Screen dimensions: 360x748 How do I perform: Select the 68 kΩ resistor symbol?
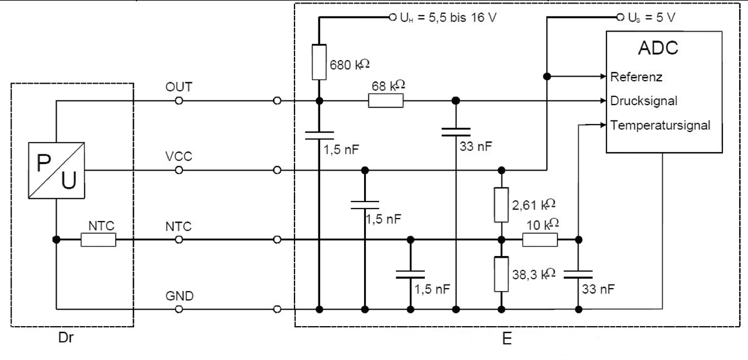386,101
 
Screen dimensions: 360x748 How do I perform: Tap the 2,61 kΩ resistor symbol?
501,205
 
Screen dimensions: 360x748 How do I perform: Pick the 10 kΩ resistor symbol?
539,240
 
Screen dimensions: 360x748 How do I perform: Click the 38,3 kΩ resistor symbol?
501,274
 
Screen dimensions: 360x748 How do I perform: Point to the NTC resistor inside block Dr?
98,240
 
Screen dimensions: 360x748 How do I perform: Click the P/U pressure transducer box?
56,171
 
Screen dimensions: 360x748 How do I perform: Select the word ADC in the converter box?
657,48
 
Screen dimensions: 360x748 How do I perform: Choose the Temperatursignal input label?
660,124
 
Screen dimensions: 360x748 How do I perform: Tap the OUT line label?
178,87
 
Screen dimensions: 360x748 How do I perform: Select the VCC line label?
178,157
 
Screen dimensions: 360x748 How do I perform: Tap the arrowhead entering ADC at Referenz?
601,77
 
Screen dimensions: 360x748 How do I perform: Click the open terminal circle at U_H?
392,18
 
